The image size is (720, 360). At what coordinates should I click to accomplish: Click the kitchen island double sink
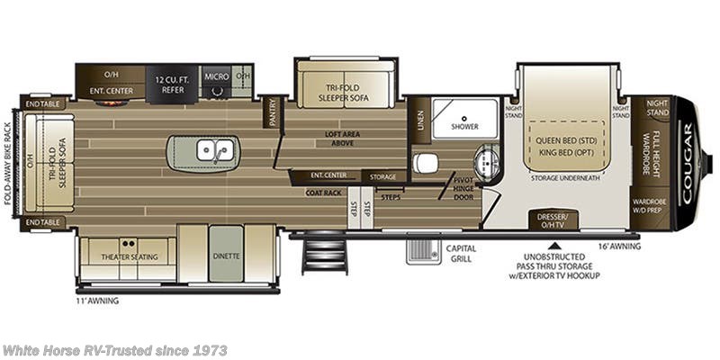(x=216, y=150)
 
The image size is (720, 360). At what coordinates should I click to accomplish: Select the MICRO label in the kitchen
(x=215, y=77)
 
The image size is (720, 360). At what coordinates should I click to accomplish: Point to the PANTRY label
(x=272, y=113)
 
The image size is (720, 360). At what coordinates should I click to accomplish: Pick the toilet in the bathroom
(x=426, y=162)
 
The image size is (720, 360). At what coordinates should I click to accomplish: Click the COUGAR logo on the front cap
(x=689, y=148)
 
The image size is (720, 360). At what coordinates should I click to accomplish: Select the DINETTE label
(x=227, y=256)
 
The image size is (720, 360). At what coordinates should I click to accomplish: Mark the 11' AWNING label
(x=97, y=301)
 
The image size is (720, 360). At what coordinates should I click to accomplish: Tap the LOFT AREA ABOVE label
(x=343, y=138)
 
